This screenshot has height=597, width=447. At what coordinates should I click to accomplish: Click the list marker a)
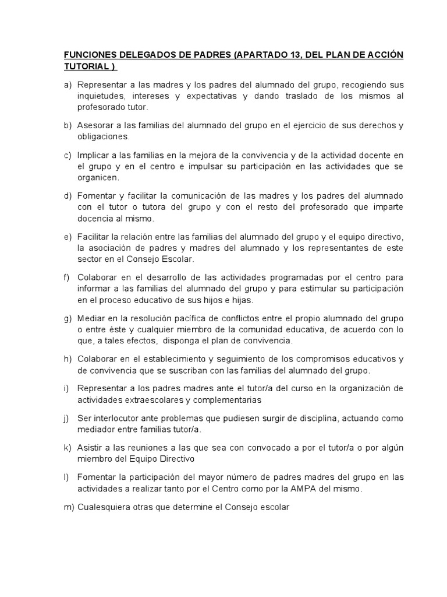[x=68, y=85]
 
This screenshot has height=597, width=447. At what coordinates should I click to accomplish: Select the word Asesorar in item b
[x=95, y=125]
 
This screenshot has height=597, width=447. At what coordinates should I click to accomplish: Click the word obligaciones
[x=103, y=136]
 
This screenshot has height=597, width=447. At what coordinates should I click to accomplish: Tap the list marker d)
[x=68, y=196]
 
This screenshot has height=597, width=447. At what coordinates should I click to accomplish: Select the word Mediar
[x=90, y=318]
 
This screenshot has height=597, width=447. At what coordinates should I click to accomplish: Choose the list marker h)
[x=68, y=359]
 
